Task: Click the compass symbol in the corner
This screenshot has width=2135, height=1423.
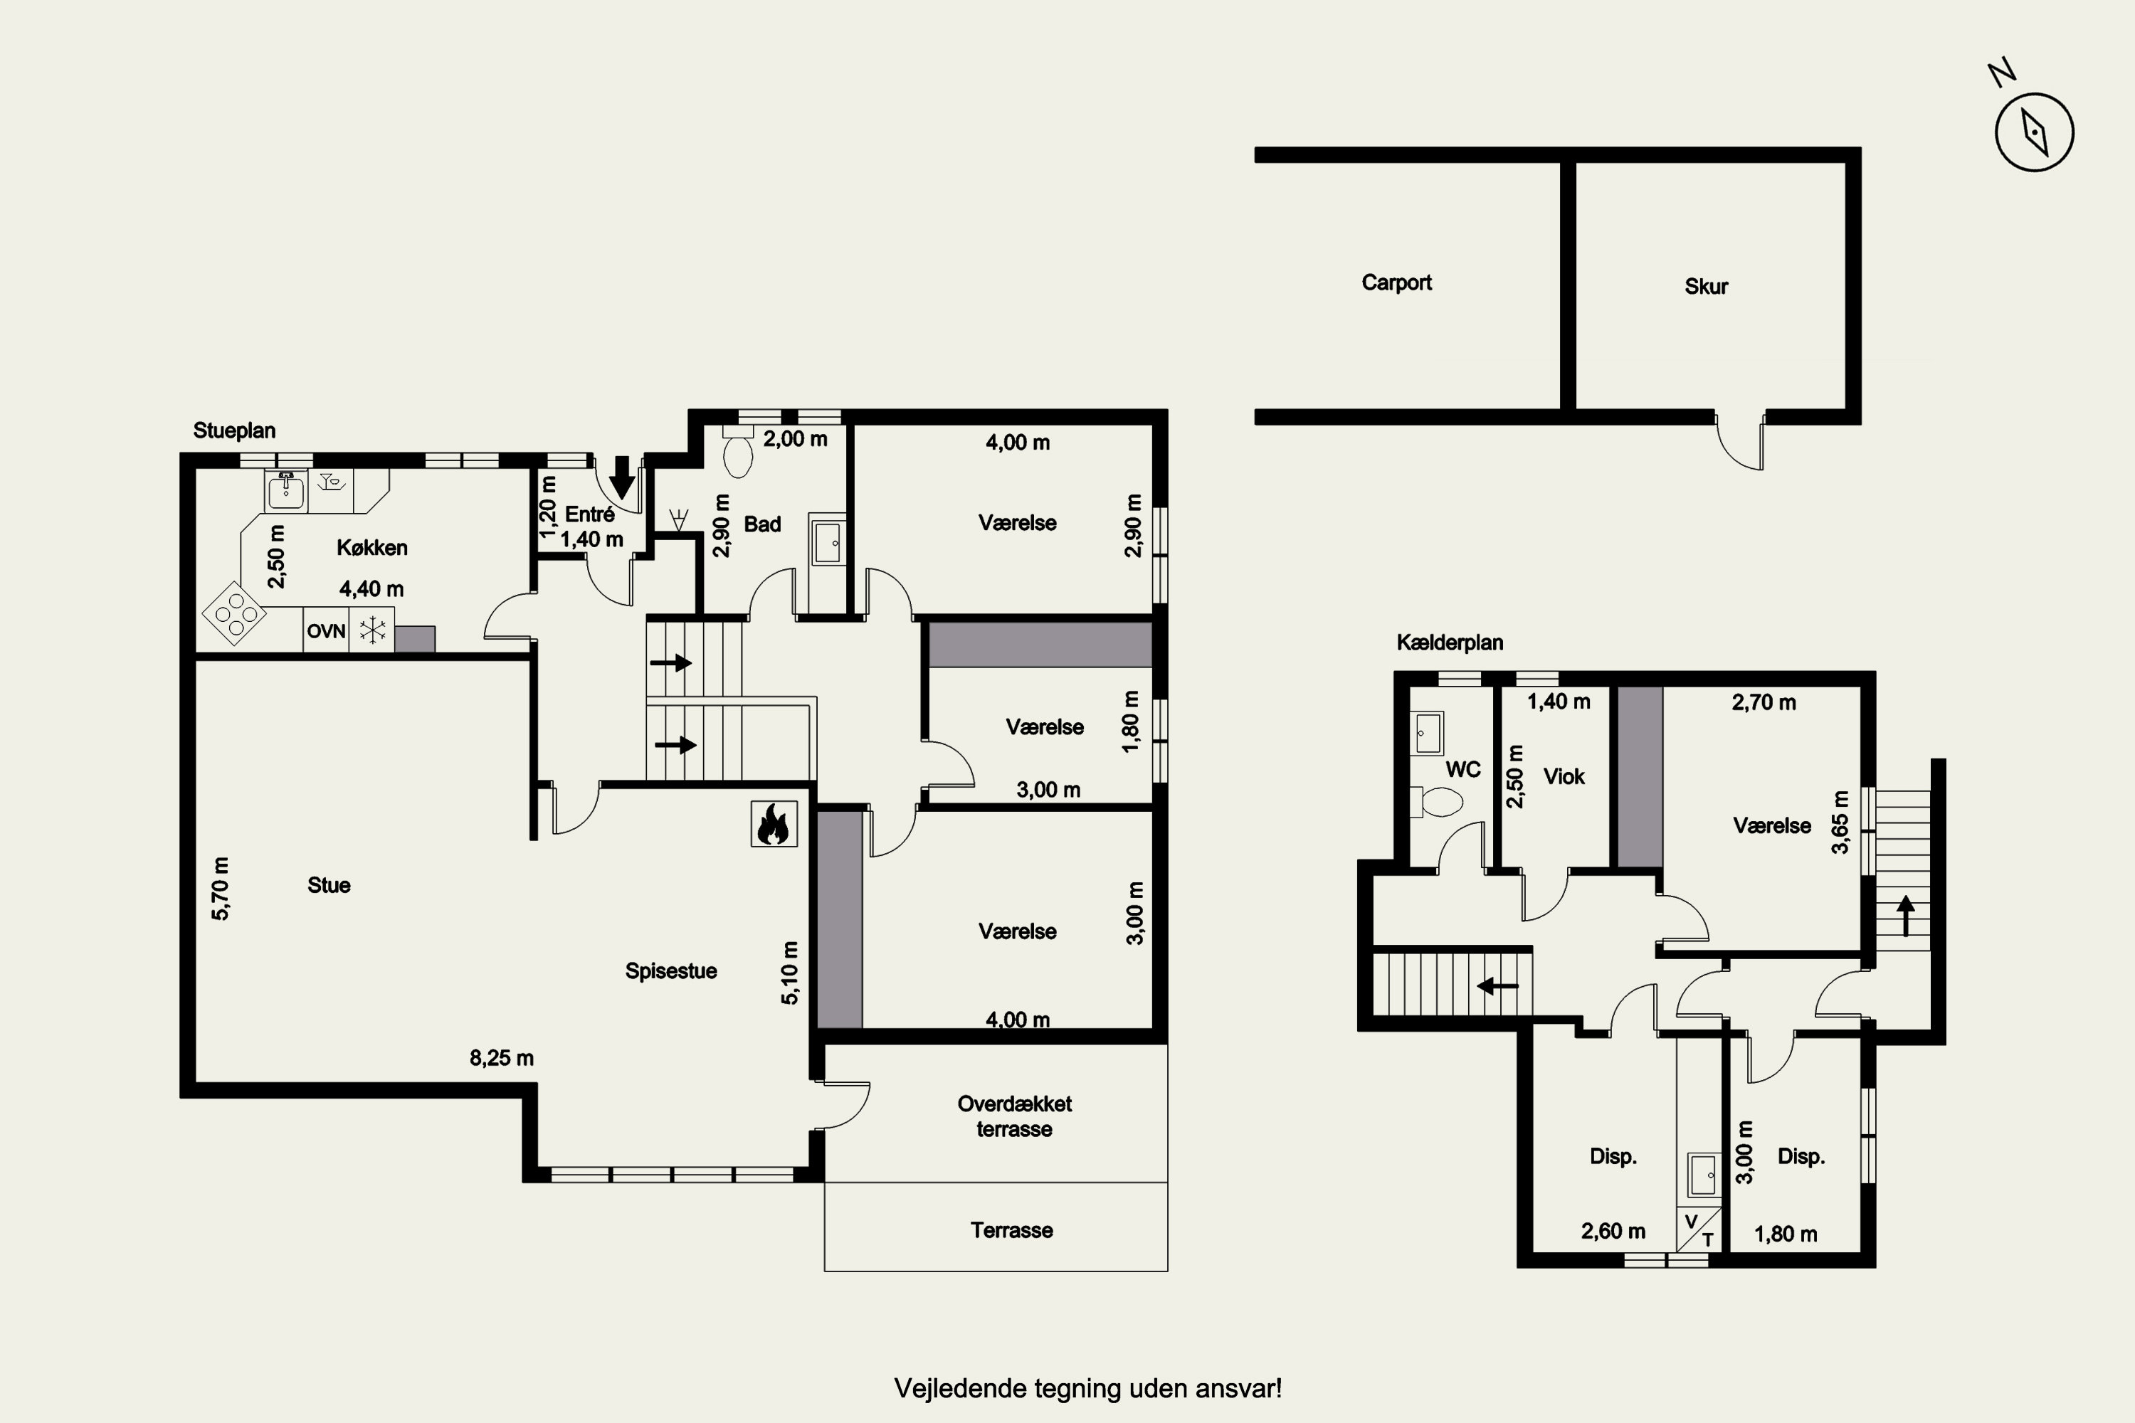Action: coord(2034,132)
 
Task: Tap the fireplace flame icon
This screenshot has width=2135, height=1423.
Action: coord(774,824)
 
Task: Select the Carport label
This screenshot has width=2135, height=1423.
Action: coord(1396,282)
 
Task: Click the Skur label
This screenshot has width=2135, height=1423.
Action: coord(1706,287)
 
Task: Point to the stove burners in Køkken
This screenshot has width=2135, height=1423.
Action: coord(234,613)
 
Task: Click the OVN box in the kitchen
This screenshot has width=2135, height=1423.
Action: coord(326,630)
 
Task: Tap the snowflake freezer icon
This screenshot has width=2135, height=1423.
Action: coord(372,630)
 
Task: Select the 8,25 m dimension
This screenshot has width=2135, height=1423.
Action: coord(501,1058)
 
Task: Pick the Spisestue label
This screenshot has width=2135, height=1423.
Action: coord(671,971)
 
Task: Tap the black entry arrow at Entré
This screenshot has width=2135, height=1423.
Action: coord(622,477)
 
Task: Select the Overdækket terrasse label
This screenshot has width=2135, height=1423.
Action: coord(1014,1116)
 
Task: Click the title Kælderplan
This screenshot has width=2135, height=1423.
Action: coord(1450,642)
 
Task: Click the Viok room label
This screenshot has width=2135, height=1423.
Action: coord(1564,777)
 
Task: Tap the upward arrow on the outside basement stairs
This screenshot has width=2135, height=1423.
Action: coord(1905,916)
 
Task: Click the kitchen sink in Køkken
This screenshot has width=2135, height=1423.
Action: coord(286,490)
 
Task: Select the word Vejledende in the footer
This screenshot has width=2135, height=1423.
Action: coord(952,1390)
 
